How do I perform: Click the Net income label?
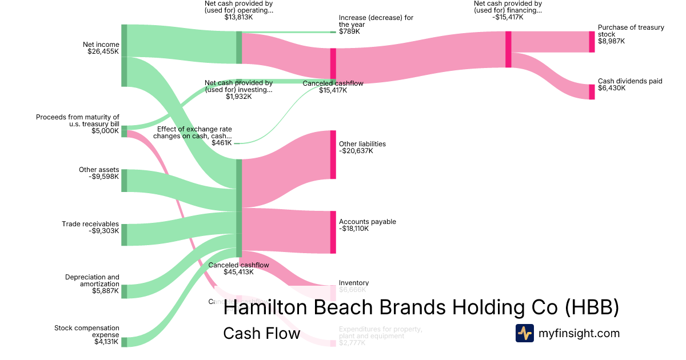[x=101, y=45]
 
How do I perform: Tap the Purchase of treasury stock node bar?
[x=592, y=42]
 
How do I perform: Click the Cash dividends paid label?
[x=630, y=81]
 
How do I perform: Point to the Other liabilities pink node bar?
[x=333, y=154]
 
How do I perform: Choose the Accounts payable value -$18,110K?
[x=354, y=229]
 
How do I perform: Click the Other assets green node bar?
[x=124, y=181]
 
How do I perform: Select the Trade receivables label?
[x=90, y=224]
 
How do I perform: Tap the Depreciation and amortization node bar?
[x=124, y=291]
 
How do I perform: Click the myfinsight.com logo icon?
[x=524, y=333]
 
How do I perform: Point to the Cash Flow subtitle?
[x=261, y=333]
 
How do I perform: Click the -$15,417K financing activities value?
[x=507, y=17]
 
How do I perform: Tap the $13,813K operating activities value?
[x=238, y=17]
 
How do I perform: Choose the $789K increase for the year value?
[x=350, y=31]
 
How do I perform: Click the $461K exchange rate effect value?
[x=222, y=143]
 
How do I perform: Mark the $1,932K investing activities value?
[x=238, y=96]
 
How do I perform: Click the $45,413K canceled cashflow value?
[x=238, y=272]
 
